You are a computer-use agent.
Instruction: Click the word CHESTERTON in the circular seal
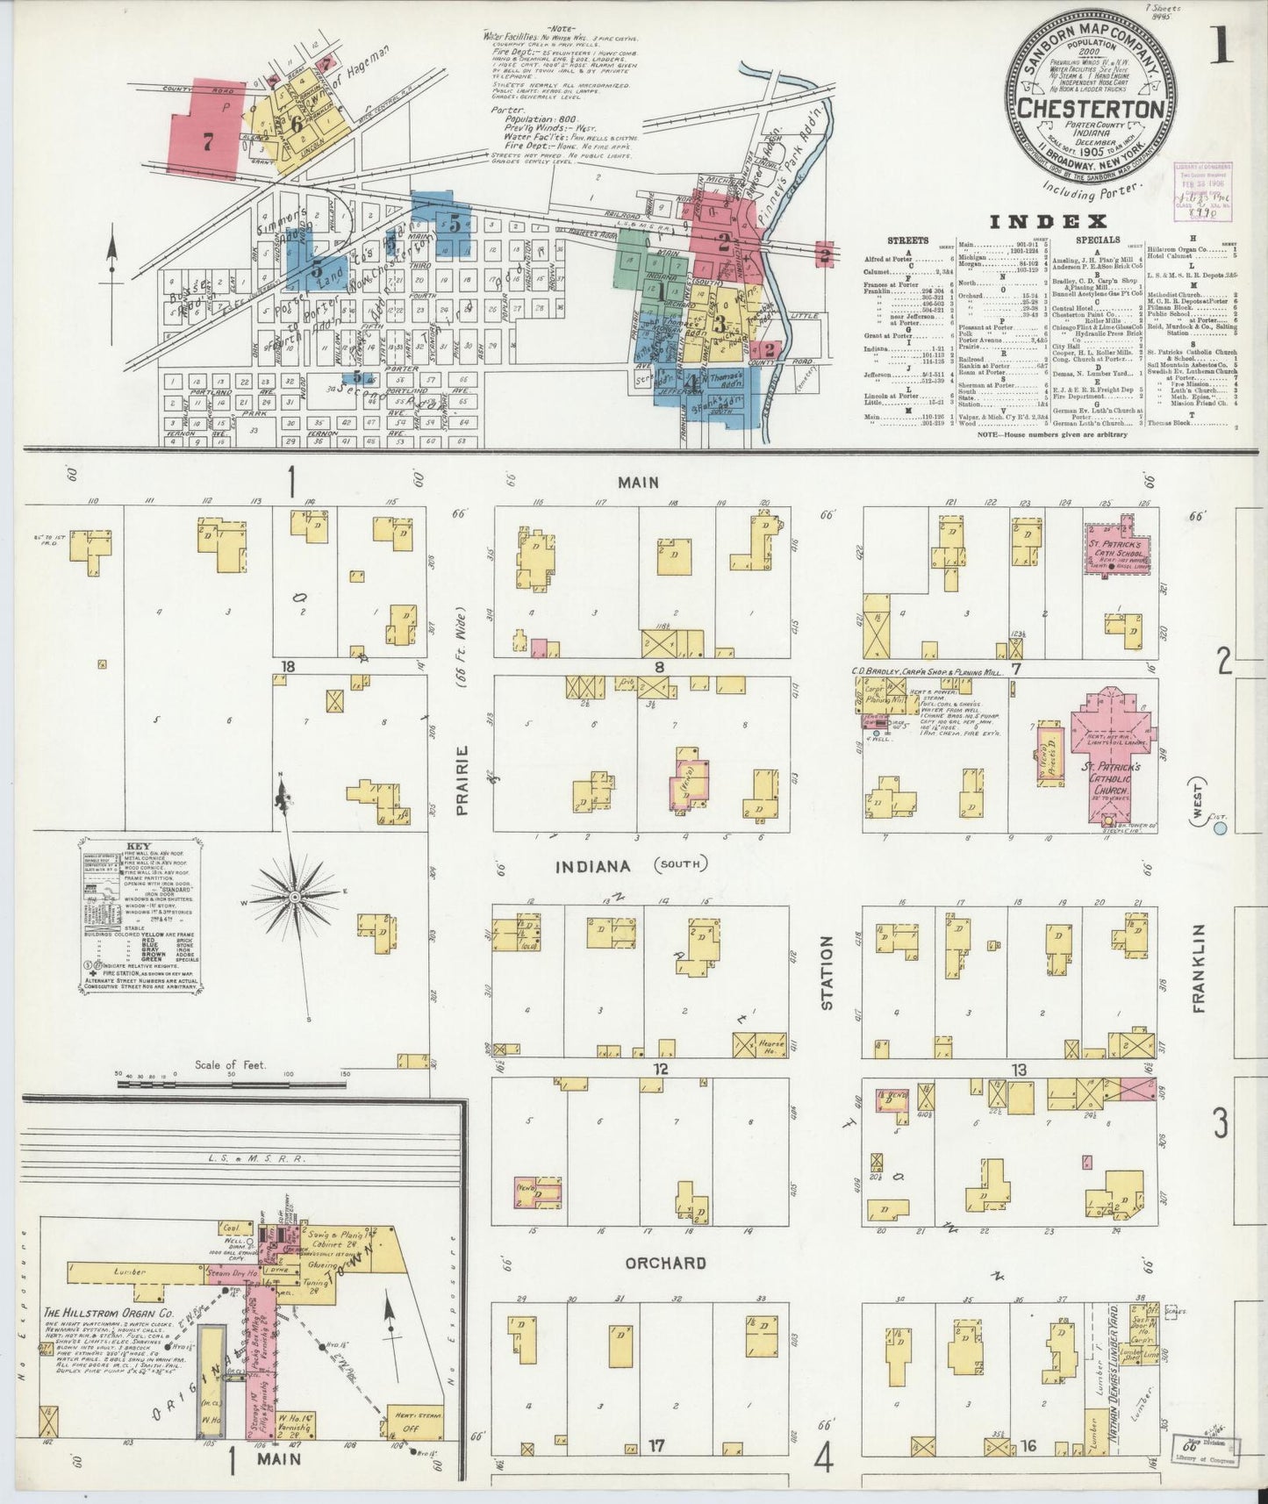1091,108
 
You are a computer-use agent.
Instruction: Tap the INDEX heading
1046,221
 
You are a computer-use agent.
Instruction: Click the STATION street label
826,972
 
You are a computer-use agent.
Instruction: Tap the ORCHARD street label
666,1263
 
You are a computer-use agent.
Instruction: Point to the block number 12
660,1069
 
